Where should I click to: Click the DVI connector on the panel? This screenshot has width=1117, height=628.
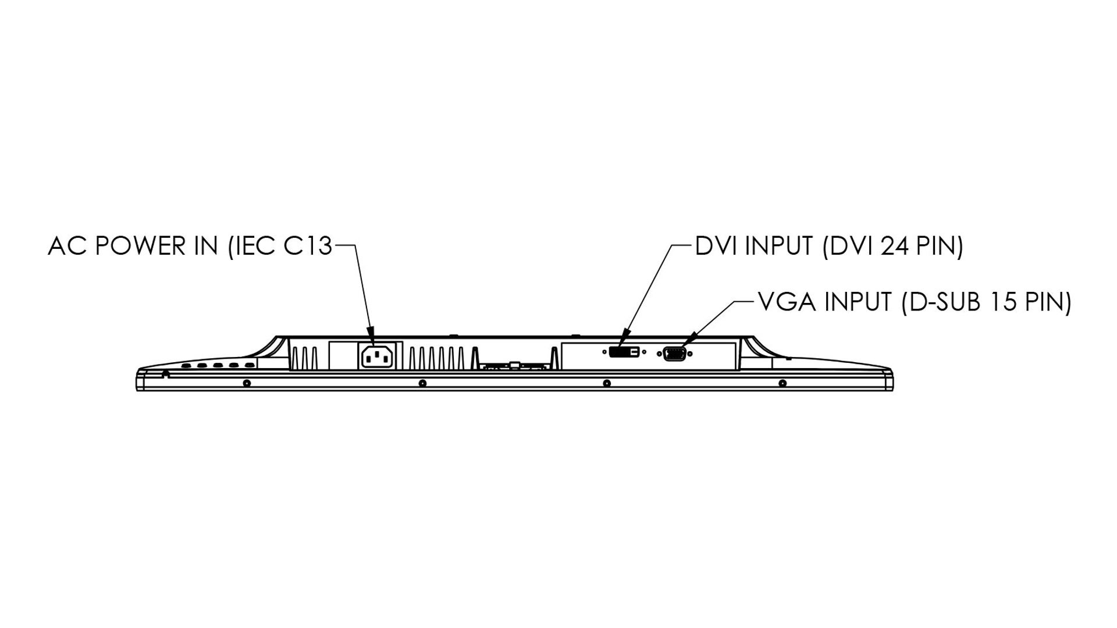[624, 352]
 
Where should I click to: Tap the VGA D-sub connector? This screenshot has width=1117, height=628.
[674, 354]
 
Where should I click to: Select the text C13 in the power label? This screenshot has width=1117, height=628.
[308, 247]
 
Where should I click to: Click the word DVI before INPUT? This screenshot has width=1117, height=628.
[717, 247]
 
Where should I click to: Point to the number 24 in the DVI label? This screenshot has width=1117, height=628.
[895, 247]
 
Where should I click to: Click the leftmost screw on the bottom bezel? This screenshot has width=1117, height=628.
[247, 383]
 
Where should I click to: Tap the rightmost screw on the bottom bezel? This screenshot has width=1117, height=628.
[782, 383]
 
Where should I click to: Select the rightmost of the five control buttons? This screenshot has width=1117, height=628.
[250, 366]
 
